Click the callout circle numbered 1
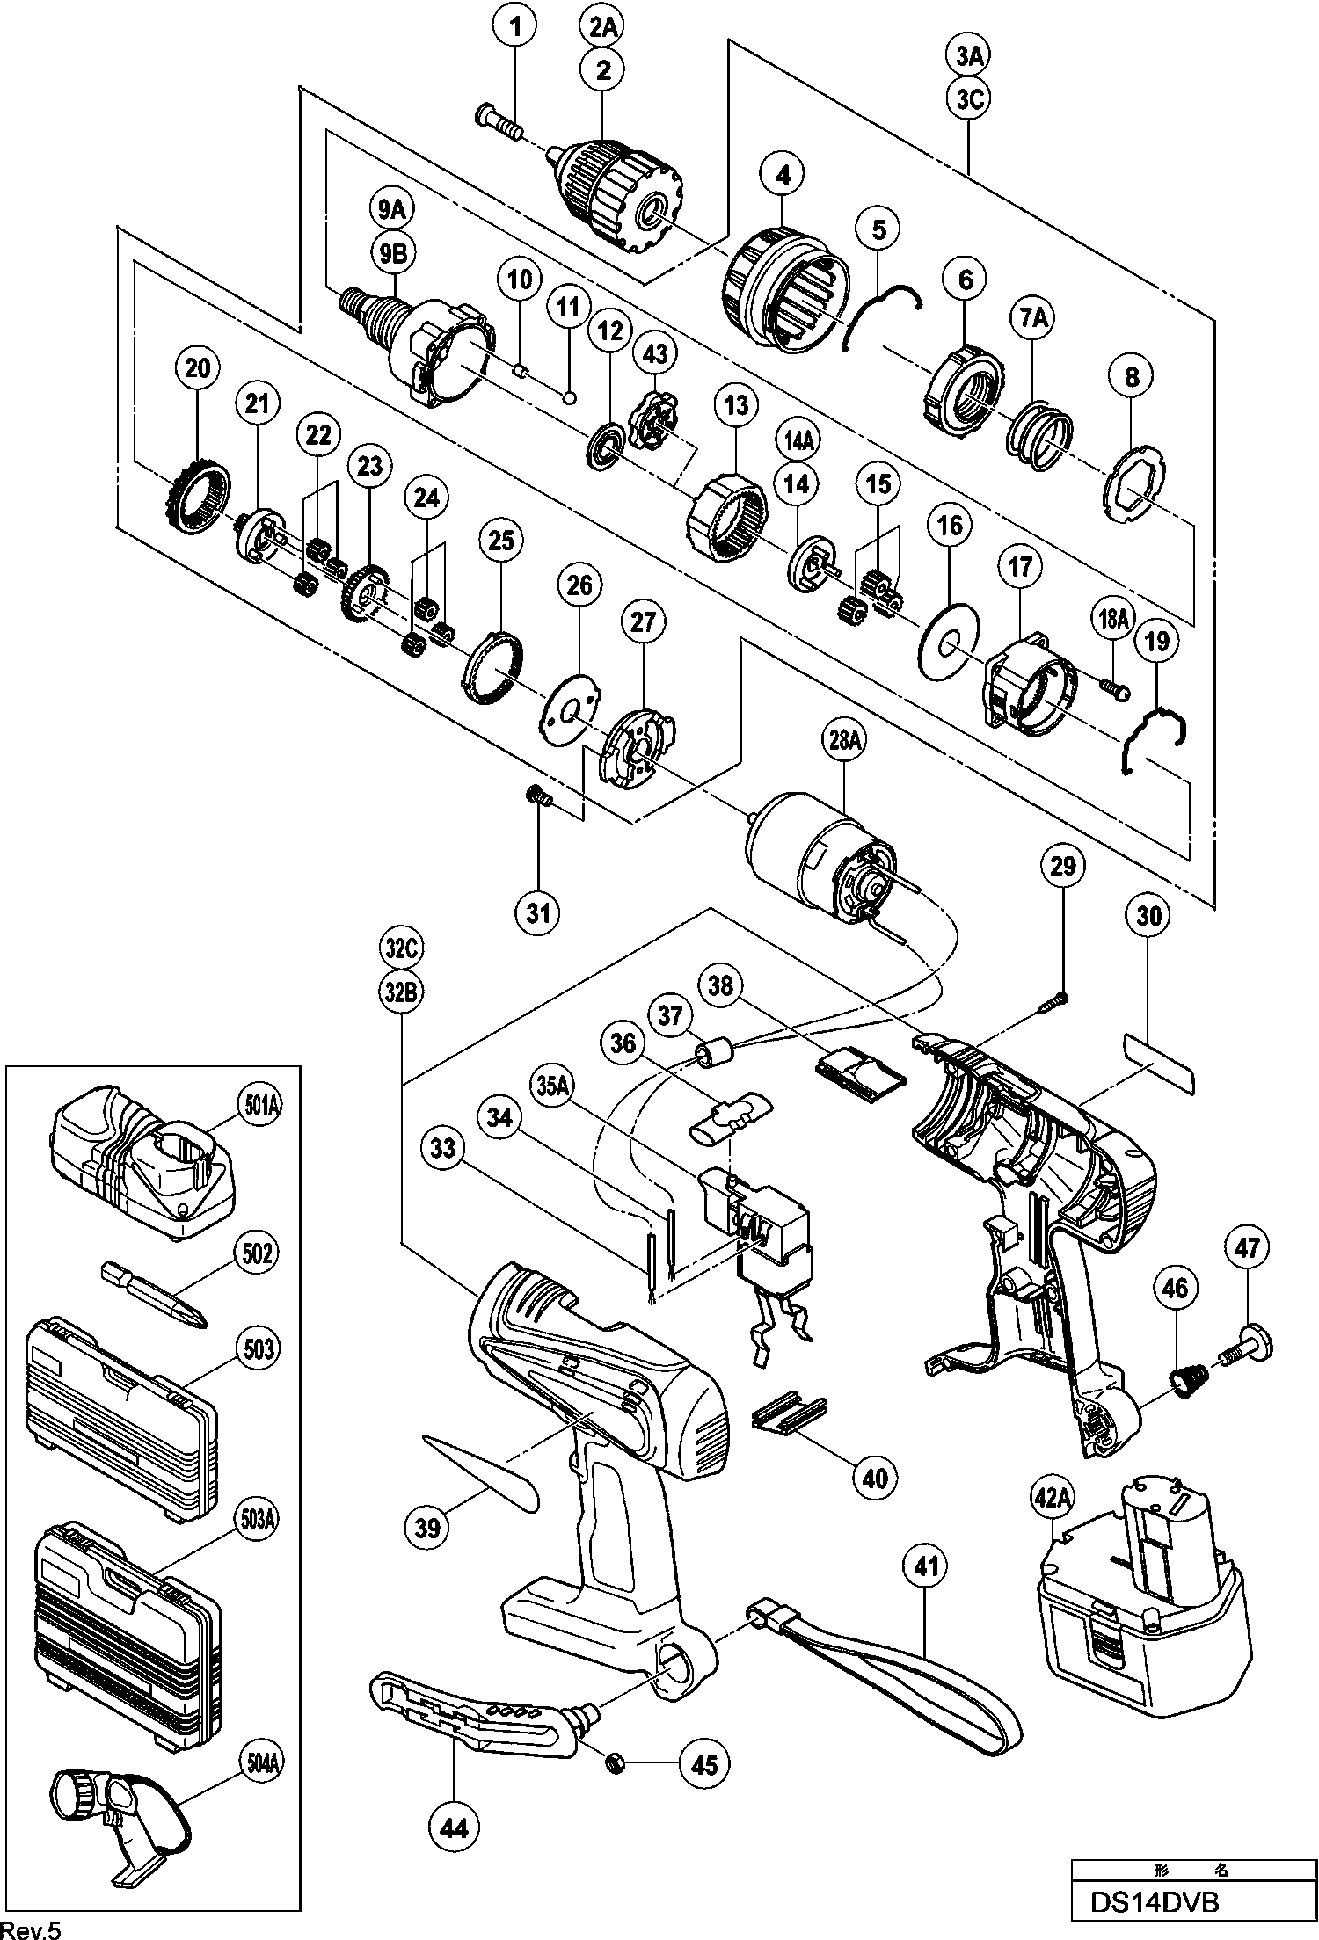pyautogui.click(x=516, y=28)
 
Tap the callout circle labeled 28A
pyautogui.click(x=843, y=741)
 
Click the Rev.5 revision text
pyautogui.click(x=32, y=1929)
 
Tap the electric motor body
pyautogui.click(x=818, y=858)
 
